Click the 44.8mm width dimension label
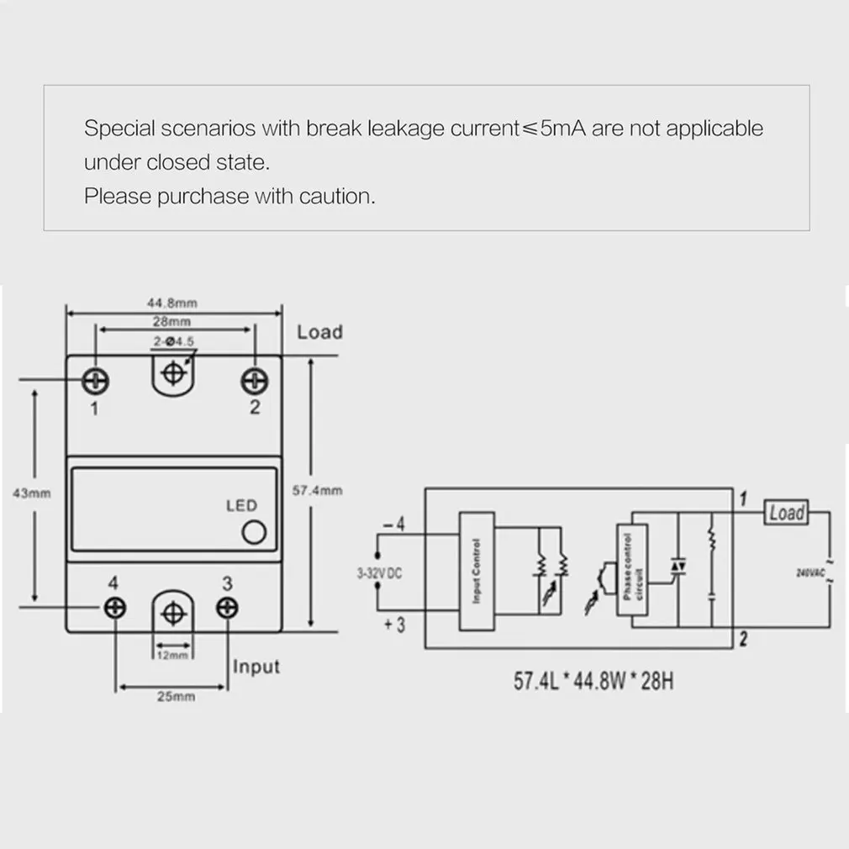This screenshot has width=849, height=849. point(172,303)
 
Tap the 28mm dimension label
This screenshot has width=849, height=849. point(172,321)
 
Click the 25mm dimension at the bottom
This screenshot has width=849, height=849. point(172,697)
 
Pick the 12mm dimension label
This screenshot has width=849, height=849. point(172,655)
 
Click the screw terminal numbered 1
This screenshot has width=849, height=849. point(95,381)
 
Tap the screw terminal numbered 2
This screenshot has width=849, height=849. point(254,381)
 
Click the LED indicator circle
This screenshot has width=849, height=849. point(253,533)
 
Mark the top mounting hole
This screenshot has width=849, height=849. point(173,372)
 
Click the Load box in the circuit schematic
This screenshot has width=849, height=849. point(785,512)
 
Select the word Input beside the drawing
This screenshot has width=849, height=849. point(256,667)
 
